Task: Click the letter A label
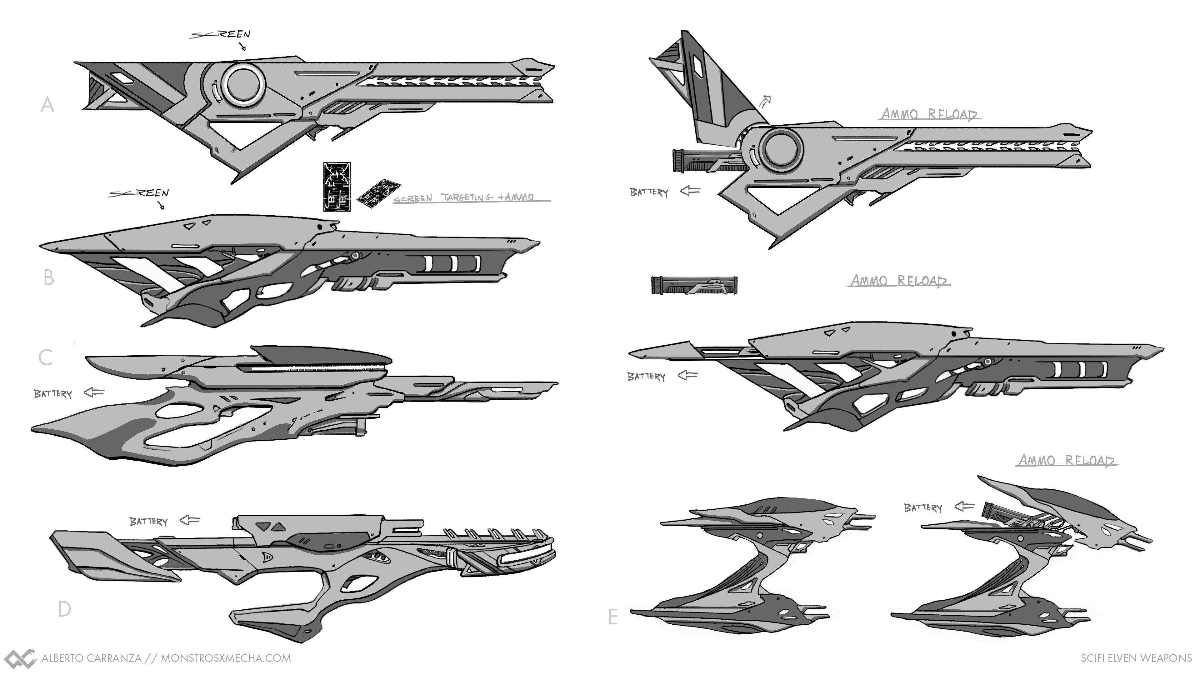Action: (47, 105)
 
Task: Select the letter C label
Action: (45, 358)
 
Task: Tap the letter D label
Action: (64, 609)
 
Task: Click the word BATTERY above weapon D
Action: (148, 521)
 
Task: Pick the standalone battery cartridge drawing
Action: (694, 285)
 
